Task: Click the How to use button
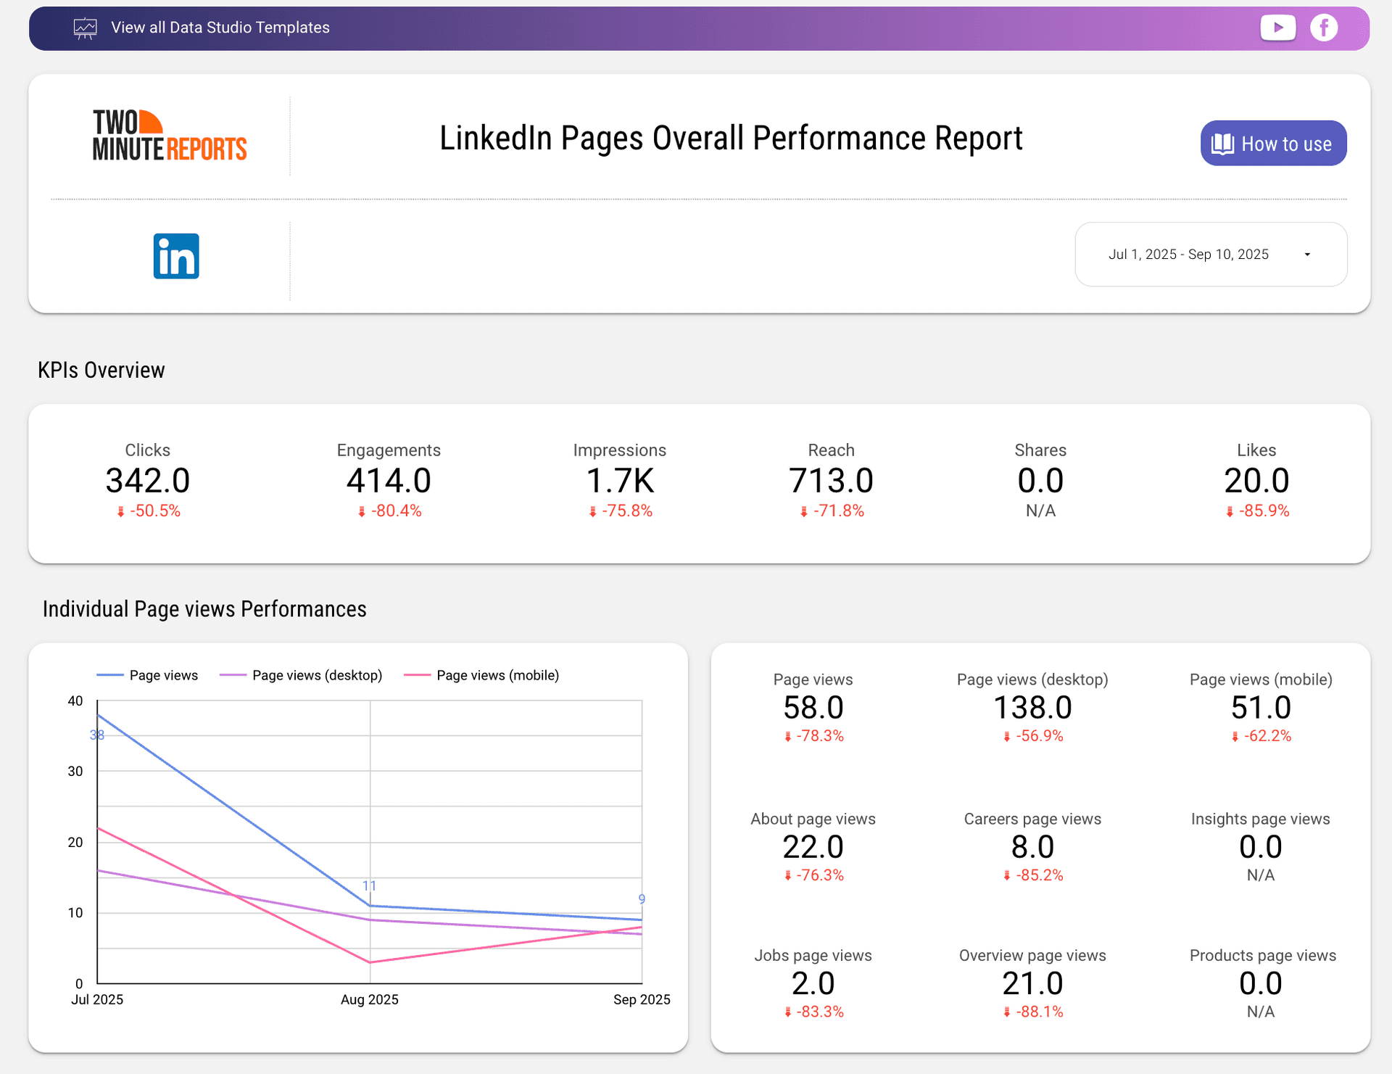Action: [x=1273, y=144]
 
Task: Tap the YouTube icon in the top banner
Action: [x=1277, y=28]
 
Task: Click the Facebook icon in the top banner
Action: [x=1324, y=28]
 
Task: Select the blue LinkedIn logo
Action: [x=176, y=256]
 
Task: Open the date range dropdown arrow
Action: [x=1307, y=255]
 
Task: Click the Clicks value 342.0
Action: [x=148, y=481]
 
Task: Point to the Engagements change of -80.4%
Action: [x=389, y=511]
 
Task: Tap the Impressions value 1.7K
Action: [x=620, y=481]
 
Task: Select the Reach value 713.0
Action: [x=831, y=481]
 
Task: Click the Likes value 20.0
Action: [x=1256, y=481]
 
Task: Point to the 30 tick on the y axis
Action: [x=75, y=771]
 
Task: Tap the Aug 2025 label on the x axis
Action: [x=370, y=999]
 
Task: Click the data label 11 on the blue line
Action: [x=369, y=886]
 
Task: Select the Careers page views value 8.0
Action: [x=1032, y=847]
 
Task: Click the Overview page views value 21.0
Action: [x=1032, y=983]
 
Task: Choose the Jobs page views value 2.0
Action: [x=813, y=983]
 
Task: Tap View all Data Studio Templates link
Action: [x=220, y=28]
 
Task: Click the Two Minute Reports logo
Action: [x=170, y=136]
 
